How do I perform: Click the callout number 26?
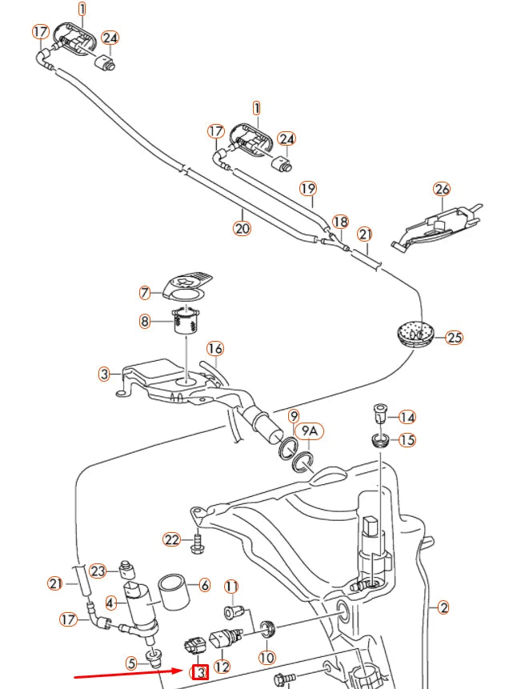point(442,190)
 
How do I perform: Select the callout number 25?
point(454,337)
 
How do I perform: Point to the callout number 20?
point(242,228)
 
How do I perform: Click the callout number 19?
point(308,189)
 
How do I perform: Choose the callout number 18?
point(340,222)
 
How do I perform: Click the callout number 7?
point(145,293)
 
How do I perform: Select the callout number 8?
point(145,322)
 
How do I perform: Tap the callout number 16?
point(215,348)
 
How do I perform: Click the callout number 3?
point(105,374)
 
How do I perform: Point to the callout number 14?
point(407,417)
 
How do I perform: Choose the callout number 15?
point(407,440)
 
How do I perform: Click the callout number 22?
point(172,540)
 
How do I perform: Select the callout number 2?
point(443,607)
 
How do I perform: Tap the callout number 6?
point(203,585)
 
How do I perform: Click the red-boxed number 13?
point(198,672)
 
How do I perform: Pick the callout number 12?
point(222,666)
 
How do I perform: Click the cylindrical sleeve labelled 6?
point(174,591)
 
